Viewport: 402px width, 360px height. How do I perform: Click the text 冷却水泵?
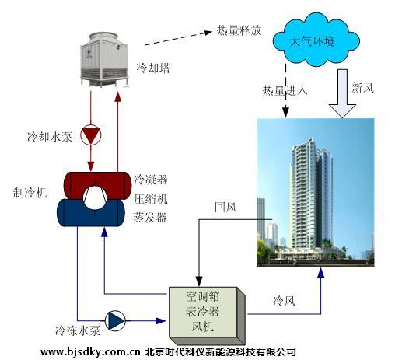(x=49, y=137)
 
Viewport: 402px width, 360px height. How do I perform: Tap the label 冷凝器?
(x=150, y=179)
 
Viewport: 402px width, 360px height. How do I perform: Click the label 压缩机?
(x=150, y=198)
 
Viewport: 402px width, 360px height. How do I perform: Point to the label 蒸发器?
(x=150, y=217)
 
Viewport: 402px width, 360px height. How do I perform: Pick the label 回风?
(x=225, y=208)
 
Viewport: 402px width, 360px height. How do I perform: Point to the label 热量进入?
(x=285, y=89)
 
